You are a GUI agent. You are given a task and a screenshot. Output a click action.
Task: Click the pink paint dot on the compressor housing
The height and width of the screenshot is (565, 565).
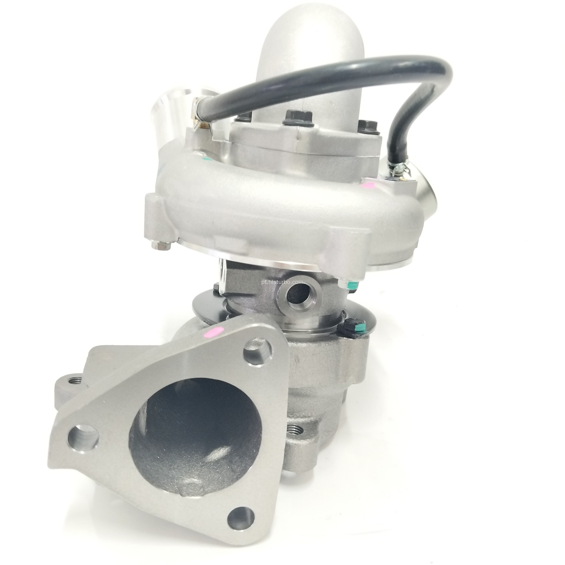coord(368,185)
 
